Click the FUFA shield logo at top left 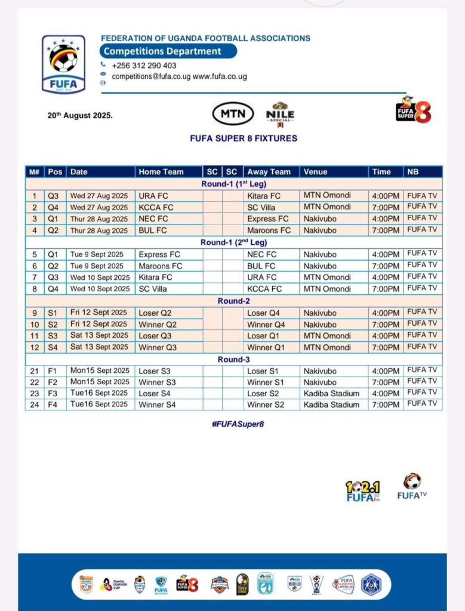pos(63,64)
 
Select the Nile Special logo pos(280,114)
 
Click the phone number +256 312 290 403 pos(144,66)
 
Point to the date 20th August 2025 pos(80,116)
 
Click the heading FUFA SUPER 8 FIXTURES pos(243,138)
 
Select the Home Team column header pos(161,172)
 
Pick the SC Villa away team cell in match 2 pos(261,207)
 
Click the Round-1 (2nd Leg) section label pos(233,242)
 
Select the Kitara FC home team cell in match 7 pos(155,277)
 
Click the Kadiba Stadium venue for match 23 pos(331,393)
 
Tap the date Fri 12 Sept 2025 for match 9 pos(98,313)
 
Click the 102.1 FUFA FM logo pos(363,491)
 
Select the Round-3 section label pos(233,359)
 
